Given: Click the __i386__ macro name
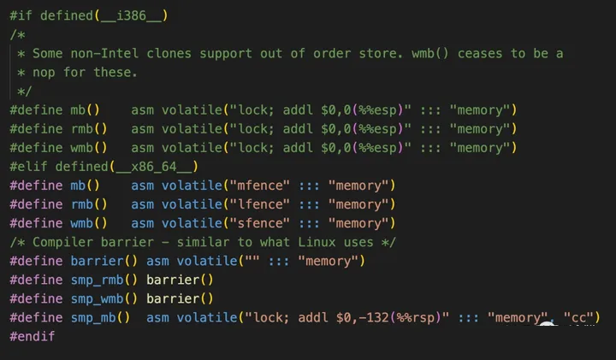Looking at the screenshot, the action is point(131,15).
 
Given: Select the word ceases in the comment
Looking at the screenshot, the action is point(480,53).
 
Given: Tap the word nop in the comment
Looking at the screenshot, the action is point(44,72).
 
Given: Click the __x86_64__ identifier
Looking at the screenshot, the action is point(154,167).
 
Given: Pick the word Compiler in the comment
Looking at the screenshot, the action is point(62,242).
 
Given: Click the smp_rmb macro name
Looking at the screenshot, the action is point(97,280).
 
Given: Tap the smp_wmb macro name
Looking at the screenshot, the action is point(97,298).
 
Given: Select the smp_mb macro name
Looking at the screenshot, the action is point(93,317).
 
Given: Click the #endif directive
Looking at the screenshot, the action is point(33,336).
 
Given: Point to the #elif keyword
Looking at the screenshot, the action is point(28,167).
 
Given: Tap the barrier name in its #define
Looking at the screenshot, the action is point(97,261).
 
